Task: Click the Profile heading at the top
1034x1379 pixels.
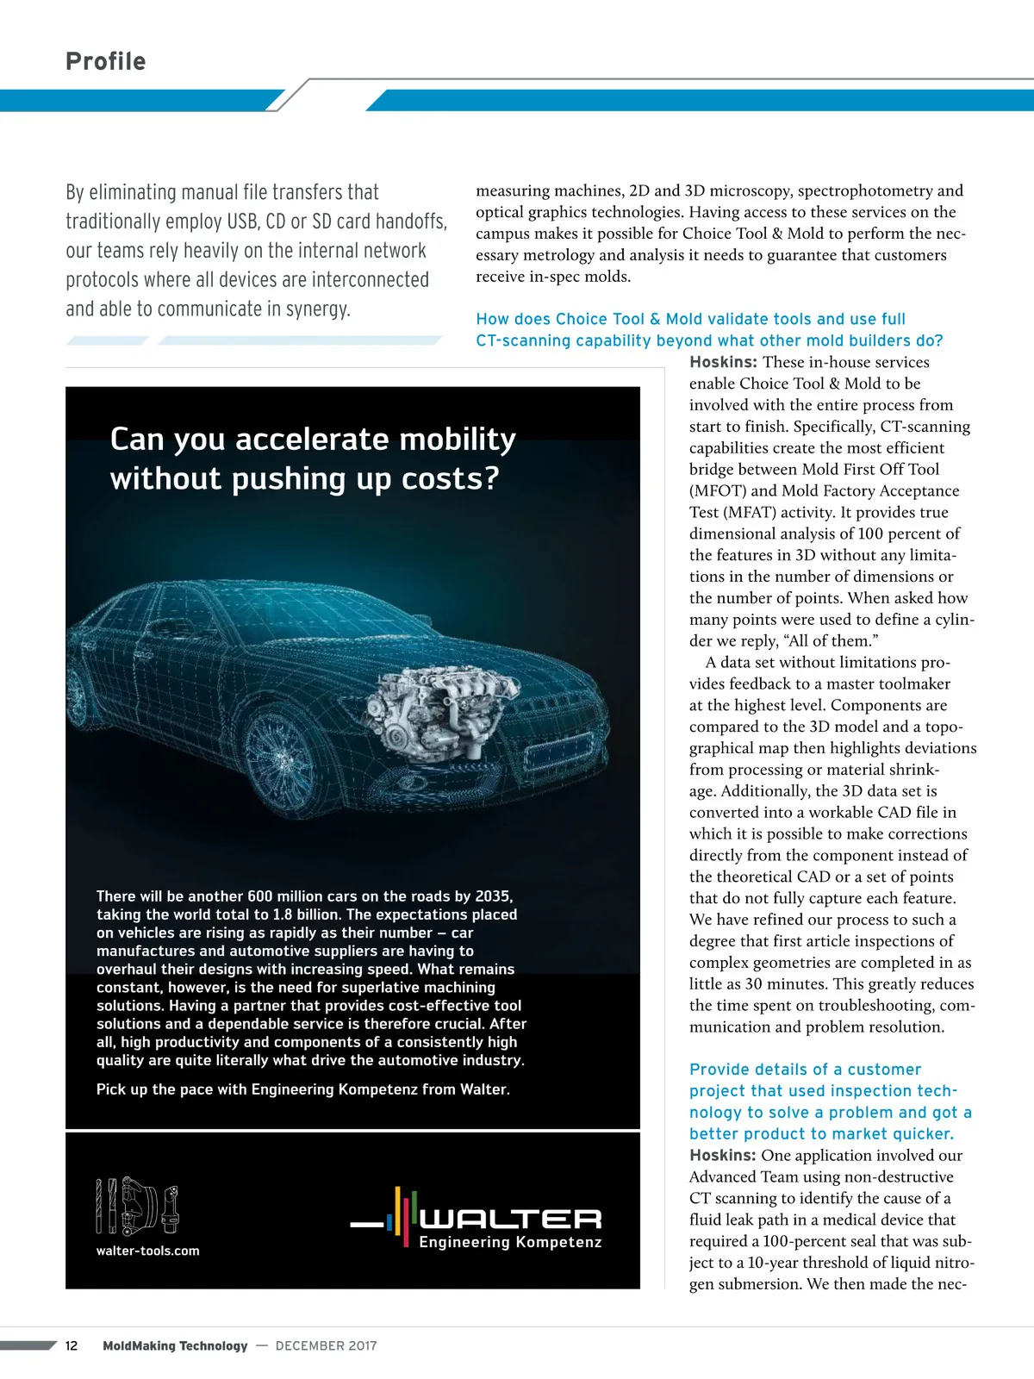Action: pos(106,61)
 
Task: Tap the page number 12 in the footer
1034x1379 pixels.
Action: pos(72,1345)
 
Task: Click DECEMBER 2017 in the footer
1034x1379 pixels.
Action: pos(326,1345)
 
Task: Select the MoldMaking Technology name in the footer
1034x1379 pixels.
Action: pos(175,1345)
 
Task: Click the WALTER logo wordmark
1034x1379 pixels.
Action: pos(510,1218)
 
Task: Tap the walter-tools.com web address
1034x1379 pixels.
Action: pos(147,1251)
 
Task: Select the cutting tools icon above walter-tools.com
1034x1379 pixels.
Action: pos(138,1206)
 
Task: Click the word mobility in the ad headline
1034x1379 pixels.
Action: pos(456,440)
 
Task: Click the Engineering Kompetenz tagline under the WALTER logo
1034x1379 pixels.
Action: pos(510,1242)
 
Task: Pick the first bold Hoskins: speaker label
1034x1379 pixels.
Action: pos(723,362)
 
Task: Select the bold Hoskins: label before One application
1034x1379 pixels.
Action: pos(722,1155)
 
